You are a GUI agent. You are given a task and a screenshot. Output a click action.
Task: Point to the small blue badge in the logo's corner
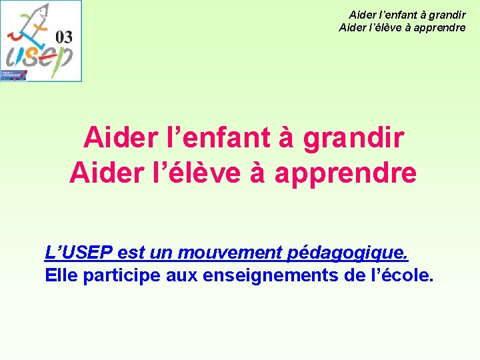(13, 75)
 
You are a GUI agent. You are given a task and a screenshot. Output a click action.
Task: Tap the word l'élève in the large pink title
(207, 173)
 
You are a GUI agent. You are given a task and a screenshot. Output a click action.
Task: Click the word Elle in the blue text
(59, 275)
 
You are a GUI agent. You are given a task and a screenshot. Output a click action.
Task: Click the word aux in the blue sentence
(179, 275)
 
